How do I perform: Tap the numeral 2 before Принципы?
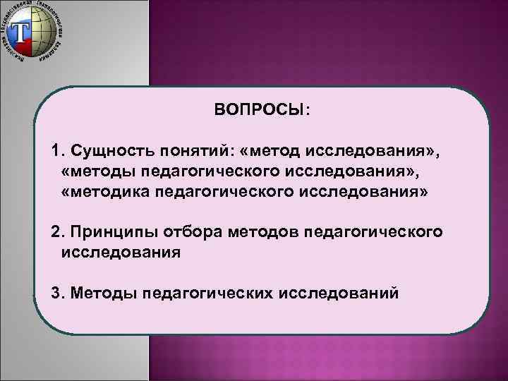[x=56, y=231]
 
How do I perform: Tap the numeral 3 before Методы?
[x=56, y=292]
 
